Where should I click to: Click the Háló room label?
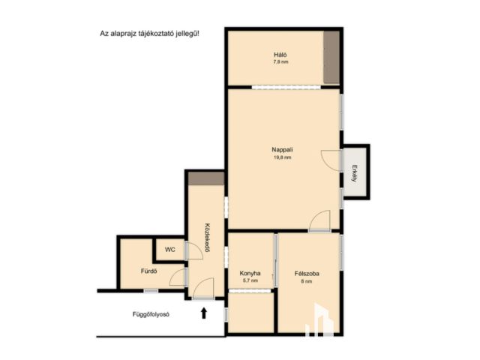click(280, 55)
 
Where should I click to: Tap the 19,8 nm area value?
click(282, 157)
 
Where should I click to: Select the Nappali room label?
click(282, 150)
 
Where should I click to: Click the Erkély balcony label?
click(354, 173)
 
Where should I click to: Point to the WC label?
click(170, 250)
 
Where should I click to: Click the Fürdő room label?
click(149, 271)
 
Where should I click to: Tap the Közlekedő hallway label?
click(207, 238)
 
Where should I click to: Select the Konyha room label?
click(250, 273)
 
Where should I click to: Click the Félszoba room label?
click(307, 274)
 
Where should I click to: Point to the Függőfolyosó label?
click(151, 314)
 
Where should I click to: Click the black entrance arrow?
click(204, 313)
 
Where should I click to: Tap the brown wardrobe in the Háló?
click(331, 57)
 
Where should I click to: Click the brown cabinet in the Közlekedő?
click(206, 178)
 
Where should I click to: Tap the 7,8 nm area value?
click(280, 61)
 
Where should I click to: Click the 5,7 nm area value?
click(250, 280)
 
